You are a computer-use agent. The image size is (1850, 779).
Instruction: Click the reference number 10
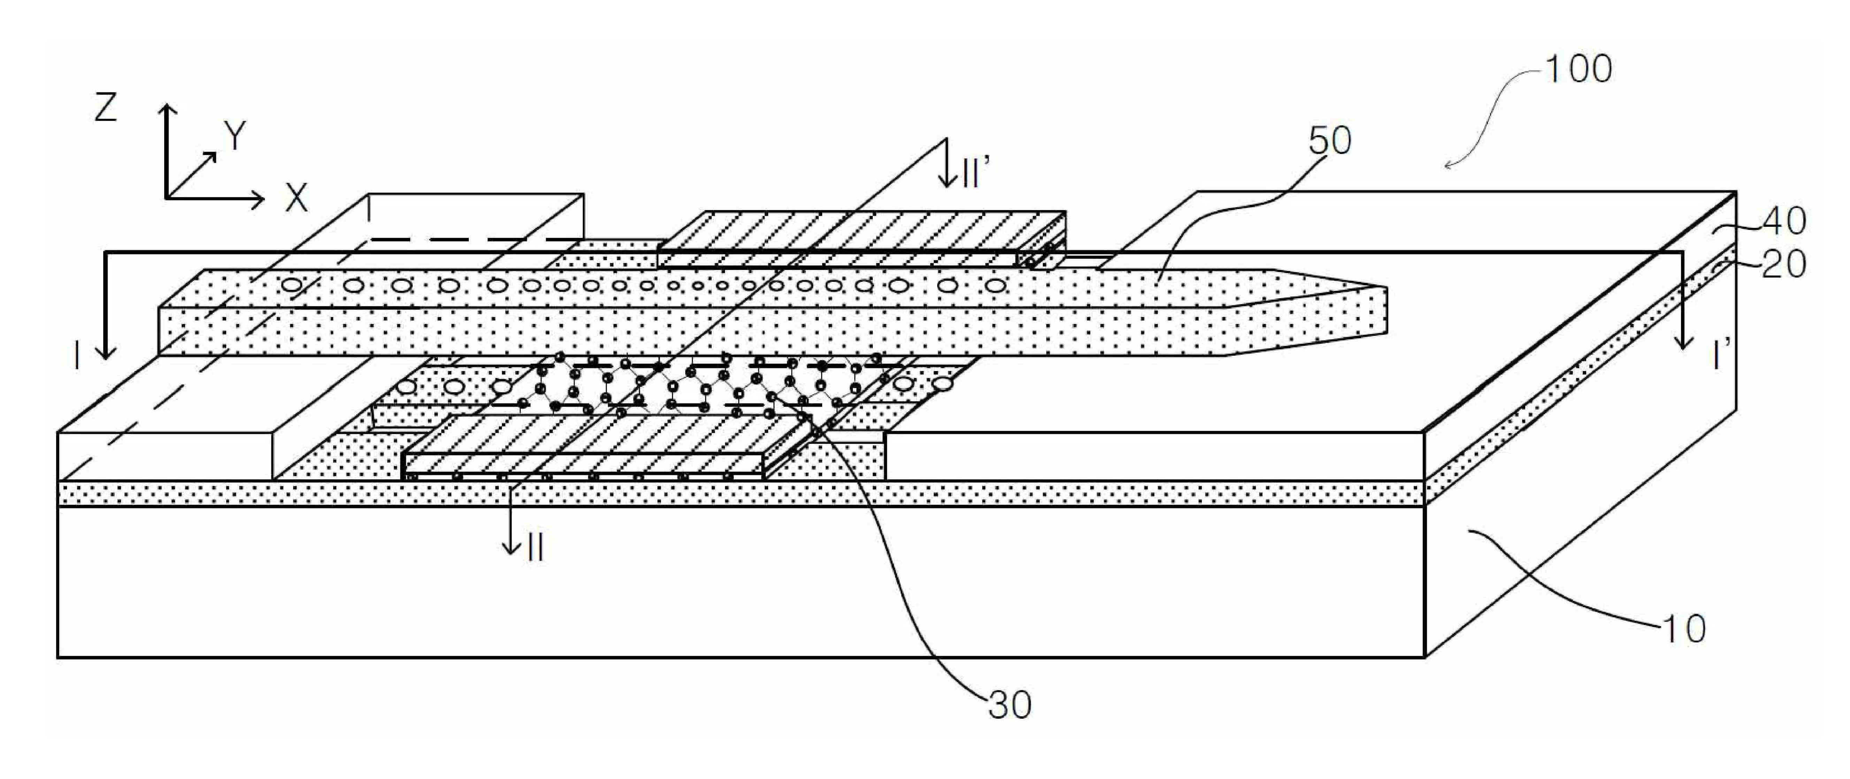pyautogui.click(x=1683, y=629)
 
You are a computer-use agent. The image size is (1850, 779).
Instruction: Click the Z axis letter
pyautogui.click(x=106, y=108)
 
